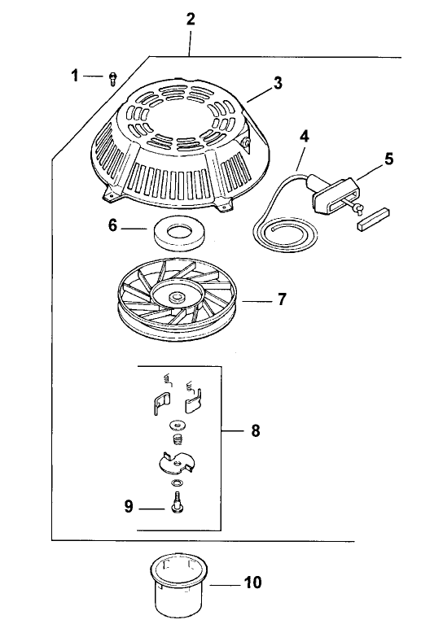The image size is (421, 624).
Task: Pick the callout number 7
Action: [282, 299]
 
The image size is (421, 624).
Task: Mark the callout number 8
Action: [256, 430]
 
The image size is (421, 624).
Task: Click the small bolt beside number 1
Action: [112, 78]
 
